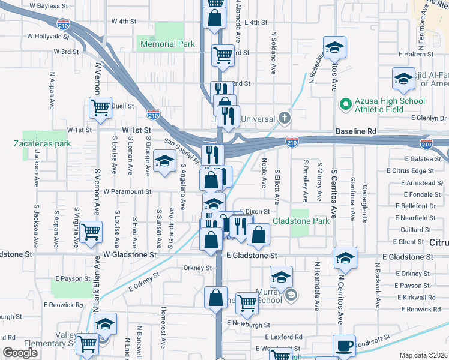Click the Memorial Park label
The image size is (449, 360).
[167, 44]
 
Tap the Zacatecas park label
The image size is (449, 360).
[43, 143]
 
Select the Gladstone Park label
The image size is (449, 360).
[301, 221]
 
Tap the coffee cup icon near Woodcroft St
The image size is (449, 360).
[344, 346]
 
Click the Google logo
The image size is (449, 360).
[20, 353]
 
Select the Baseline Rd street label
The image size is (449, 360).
[356, 130]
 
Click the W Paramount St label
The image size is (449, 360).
[127, 191]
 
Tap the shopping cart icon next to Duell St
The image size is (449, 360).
[100, 108]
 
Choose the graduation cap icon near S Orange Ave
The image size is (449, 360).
[164, 161]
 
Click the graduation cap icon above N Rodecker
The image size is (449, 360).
[335, 47]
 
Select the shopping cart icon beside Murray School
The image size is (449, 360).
[246, 304]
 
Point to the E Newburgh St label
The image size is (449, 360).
[247, 323]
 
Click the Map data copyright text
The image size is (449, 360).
[423, 355]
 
